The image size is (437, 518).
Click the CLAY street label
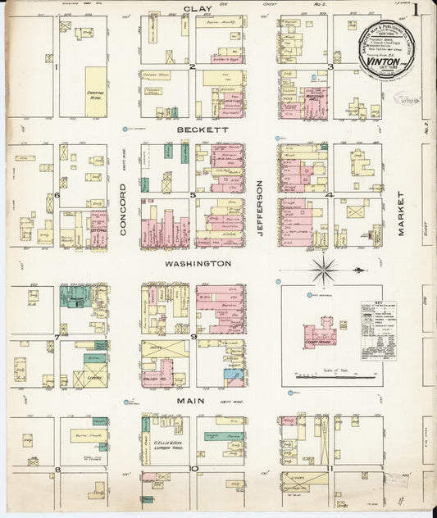click(192, 8)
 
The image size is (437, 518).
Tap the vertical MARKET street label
click(402, 214)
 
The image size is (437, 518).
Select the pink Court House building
click(318, 332)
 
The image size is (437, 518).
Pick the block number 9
click(193, 336)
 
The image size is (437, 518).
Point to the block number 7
click(56, 337)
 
